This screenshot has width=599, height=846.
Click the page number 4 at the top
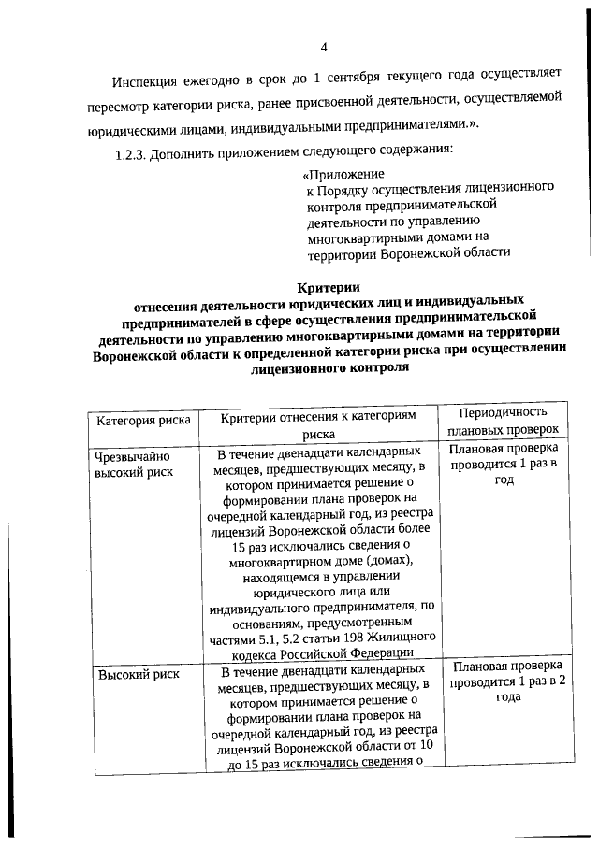(323, 47)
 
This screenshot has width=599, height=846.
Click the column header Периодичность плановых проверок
(504, 421)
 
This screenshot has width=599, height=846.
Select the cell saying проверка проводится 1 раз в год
(504, 465)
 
